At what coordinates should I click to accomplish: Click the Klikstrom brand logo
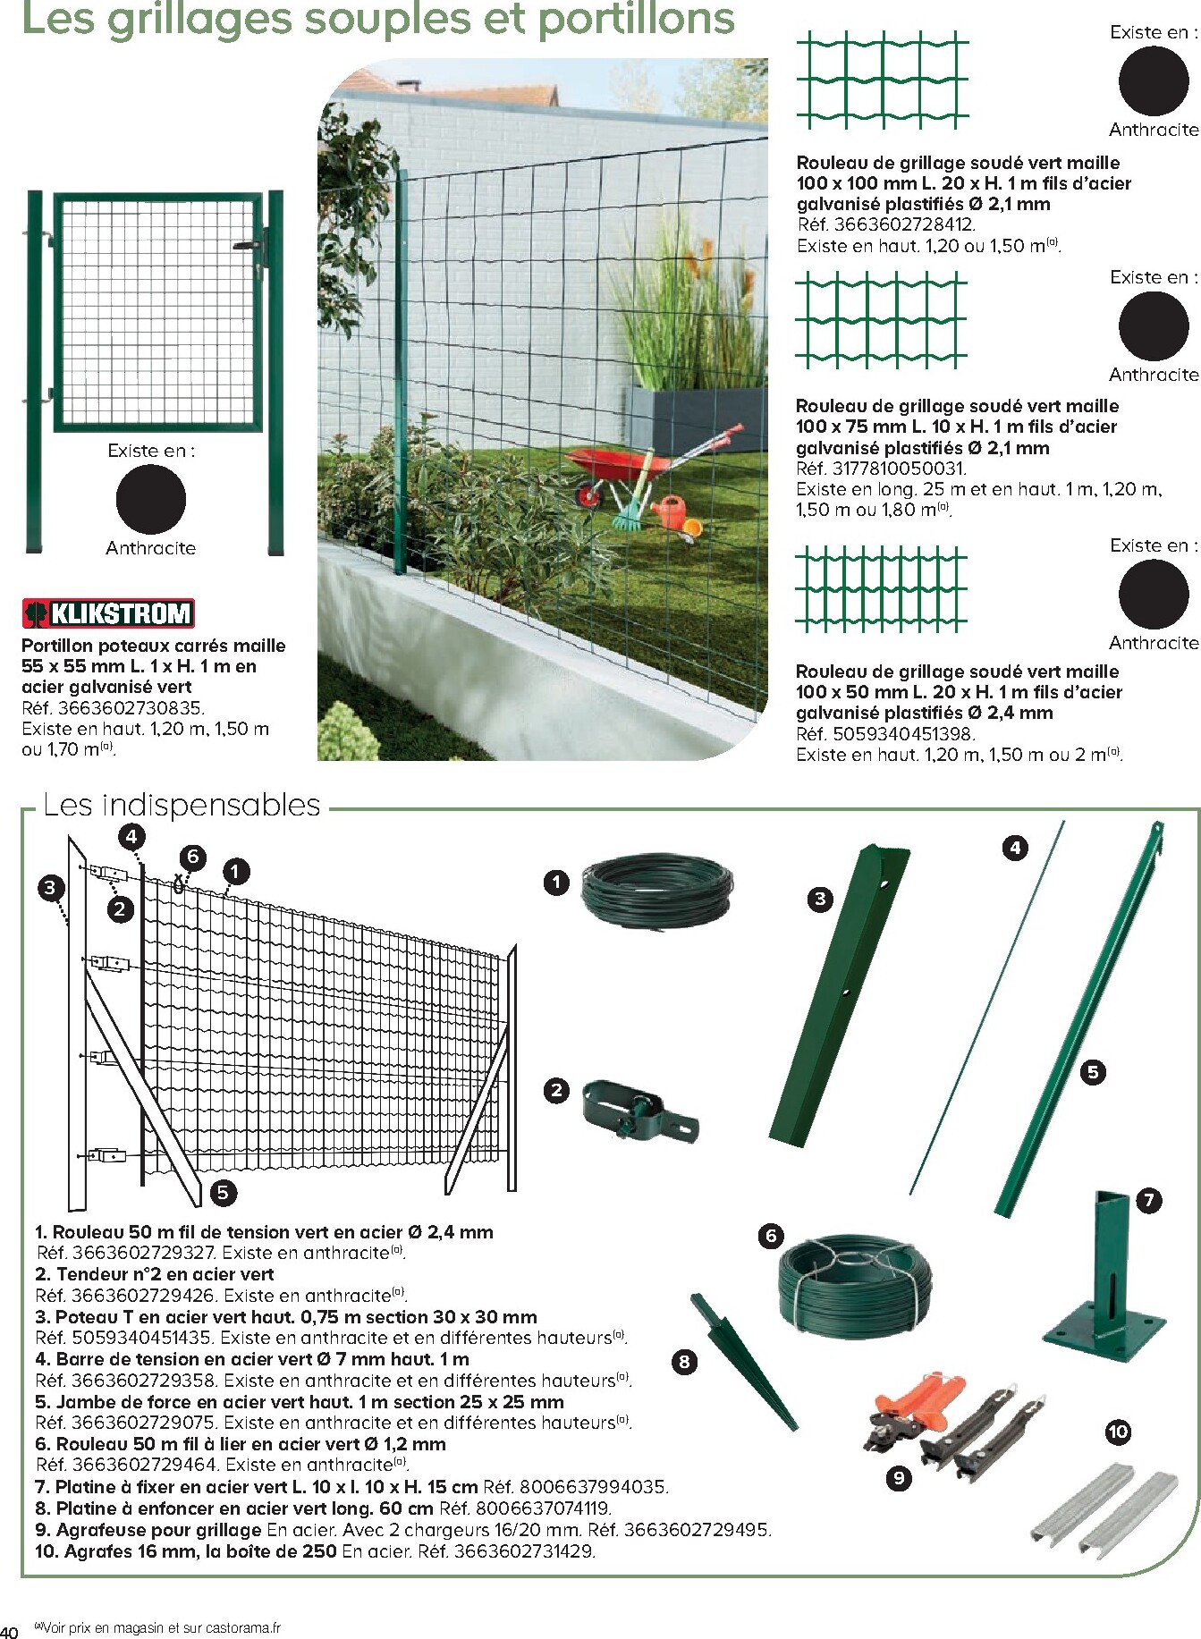click(107, 613)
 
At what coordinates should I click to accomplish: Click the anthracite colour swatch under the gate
click(150, 500)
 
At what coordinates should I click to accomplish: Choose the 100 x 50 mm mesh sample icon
click(882, 588)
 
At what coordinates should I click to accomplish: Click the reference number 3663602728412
click(903, 225)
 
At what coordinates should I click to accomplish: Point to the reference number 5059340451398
click(903, 734)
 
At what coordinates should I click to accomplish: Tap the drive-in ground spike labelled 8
click(742, 1363)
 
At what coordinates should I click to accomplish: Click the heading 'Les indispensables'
click(182, 805)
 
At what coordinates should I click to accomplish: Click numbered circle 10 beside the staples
click(1118, 1432)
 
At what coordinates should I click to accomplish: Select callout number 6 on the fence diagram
click(192, 858)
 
